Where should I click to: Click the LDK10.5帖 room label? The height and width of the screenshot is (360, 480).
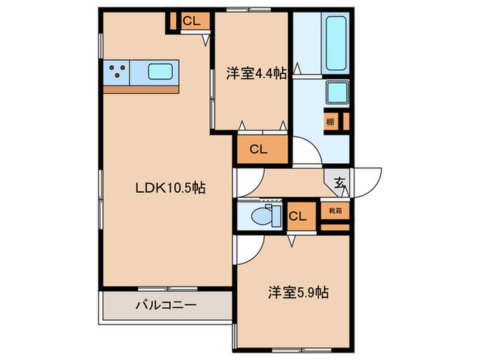pyautogui.click(x=169, y=186)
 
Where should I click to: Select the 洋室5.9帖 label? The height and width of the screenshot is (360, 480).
pyautogui.click(x=298, y=293)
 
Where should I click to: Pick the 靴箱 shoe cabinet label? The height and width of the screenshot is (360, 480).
pyautogui.click(x=336, y=211)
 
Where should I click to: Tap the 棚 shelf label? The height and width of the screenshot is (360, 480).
pyautogui.click(x=331, y=122)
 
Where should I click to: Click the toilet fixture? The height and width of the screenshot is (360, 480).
pyautogui.click(x=262, y=216)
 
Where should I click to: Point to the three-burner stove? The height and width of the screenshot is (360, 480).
pyautogui.click(x=117, y=70)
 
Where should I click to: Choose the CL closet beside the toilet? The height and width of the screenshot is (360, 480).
pyautogui.click(x=298, y=217)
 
